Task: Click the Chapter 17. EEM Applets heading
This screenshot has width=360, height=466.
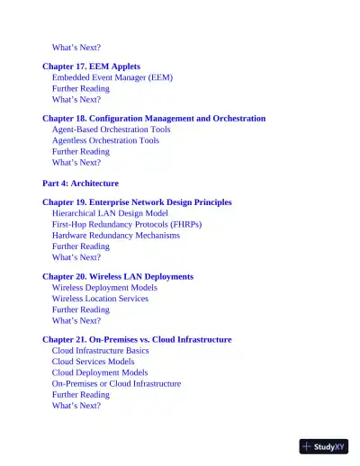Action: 91,67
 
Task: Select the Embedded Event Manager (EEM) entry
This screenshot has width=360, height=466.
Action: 112,77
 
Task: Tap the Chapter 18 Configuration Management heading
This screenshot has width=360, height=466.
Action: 154,118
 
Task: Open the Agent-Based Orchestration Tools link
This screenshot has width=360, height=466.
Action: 111,130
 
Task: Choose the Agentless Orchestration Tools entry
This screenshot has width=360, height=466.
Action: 105,140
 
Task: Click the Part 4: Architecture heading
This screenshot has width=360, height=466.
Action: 80,183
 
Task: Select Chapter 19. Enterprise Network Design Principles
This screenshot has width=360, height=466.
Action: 137,202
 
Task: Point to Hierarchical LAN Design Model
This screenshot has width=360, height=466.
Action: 109,213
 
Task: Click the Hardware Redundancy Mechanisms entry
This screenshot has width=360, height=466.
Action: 115,235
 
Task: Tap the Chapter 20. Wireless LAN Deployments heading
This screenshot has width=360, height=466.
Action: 118,277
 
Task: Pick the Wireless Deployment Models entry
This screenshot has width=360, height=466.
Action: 104,288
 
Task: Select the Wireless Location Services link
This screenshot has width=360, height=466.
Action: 100,299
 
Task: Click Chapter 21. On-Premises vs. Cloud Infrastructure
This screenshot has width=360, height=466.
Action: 137,340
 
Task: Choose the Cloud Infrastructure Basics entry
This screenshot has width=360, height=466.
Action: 100,351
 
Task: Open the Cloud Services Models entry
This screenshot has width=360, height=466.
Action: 93,362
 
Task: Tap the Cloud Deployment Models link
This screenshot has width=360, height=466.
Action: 99,372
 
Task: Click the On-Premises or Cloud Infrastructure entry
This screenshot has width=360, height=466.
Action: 116,383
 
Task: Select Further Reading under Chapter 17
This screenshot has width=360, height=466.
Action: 80,88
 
